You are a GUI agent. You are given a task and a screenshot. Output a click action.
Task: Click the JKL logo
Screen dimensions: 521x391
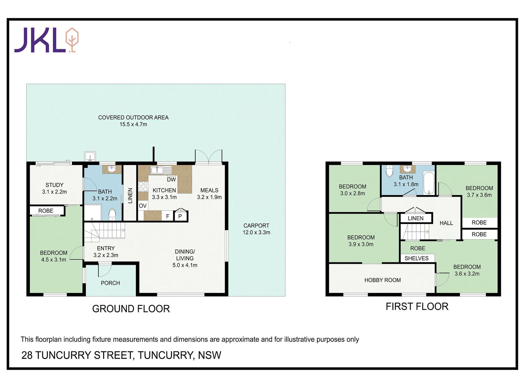(x=46, y=40)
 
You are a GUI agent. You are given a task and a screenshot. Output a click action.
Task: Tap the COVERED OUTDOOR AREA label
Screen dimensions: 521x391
(x=133, y=117)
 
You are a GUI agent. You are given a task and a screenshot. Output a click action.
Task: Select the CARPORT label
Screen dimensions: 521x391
(x=256, y=226)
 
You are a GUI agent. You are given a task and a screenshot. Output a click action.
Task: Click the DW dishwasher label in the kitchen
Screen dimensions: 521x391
(x=171, y=180)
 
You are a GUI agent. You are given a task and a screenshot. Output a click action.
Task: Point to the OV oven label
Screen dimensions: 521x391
(x=143, y=206)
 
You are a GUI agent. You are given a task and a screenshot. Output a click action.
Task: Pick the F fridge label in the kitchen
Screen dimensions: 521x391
(x=168, y=216)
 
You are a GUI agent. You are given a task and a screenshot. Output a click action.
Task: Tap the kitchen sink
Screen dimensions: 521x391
(x=161, y=170)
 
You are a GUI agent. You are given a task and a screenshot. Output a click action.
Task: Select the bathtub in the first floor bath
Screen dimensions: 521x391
(x=429, y=183)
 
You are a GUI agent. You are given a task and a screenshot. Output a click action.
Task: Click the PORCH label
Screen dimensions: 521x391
(x=110, y=283)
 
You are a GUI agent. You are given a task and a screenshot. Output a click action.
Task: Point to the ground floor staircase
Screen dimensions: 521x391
(x=104, y=232)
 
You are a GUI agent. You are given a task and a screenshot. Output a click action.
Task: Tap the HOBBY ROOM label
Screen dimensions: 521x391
(x=383, y=280)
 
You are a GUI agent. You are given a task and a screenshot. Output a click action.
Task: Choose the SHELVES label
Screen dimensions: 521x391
(x=417, y=258)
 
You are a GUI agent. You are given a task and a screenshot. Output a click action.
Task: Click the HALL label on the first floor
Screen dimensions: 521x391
(x=446, y=223)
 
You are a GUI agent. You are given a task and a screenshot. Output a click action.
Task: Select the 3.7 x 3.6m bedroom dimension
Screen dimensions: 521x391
(x=479, y=195)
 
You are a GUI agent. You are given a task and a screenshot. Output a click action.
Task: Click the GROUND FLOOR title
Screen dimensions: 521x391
(x=131, y=309)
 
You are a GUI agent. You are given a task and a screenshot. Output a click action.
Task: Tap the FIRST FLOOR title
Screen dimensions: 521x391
(x=417, y=306)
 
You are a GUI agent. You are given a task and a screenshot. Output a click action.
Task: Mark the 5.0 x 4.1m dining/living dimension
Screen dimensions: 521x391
(x=185, y=265)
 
